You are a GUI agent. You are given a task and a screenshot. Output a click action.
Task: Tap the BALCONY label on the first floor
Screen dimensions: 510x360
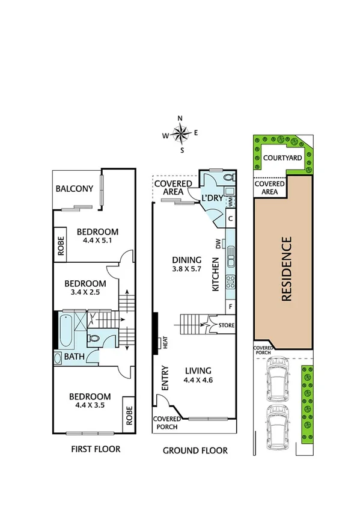coord(75,189)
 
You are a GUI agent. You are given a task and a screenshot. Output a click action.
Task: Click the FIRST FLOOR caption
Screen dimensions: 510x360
coord(96,449)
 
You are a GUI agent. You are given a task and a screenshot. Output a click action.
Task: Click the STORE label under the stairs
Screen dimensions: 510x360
coord(226,326)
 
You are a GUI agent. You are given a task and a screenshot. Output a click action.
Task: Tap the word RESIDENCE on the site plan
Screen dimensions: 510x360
coord(286,269)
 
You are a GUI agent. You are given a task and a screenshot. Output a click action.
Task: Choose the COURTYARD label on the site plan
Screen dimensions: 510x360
coord(282,158)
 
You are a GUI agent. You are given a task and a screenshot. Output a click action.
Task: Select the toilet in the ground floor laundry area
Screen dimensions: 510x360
coord(227,179)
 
